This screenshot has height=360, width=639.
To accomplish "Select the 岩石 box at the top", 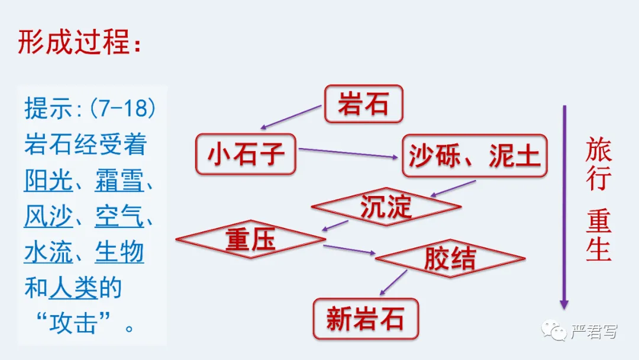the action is [x=363, y=104].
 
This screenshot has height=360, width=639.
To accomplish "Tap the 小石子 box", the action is [x=246, y=154].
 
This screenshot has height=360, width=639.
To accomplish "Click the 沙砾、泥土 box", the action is [x=475, y=156].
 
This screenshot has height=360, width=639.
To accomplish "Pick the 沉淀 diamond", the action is [x=386, y=206].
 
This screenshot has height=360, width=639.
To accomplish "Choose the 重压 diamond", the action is [x=250, y=240].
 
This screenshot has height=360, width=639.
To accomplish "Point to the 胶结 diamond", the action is [x=450, y=258].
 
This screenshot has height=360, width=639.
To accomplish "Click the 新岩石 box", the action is [x=365, y=319].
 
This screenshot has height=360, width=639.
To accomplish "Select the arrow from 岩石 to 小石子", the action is [x=292, y=117].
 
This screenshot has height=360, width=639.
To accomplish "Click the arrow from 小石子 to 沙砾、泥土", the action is [x=348, y=153].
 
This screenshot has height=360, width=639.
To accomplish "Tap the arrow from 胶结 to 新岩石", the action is [x=393, y=282].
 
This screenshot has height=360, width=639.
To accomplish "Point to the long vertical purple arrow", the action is [x=564, y=207].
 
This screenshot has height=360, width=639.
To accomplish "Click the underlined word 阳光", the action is [x=49, y=181].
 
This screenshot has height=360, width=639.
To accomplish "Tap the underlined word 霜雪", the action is [x=119, y=181].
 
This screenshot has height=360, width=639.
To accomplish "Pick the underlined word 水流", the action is [x=49, y=252].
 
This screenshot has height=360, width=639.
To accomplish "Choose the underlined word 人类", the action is [x=73, y=288].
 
